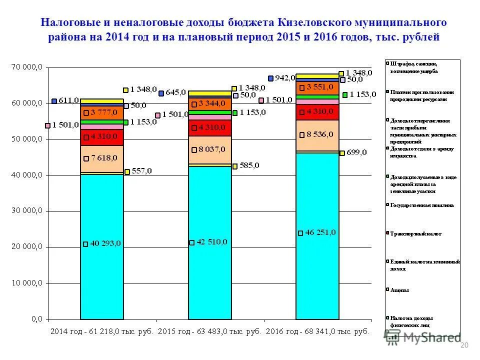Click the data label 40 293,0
(105, 244)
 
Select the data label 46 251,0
(320, 232)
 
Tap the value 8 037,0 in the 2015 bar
(212, 149)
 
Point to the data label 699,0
(356, 152)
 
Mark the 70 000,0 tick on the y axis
(28, 67)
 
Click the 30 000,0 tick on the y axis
(28, 211)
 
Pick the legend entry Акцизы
(399, 290)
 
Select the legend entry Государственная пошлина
(421, 205)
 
